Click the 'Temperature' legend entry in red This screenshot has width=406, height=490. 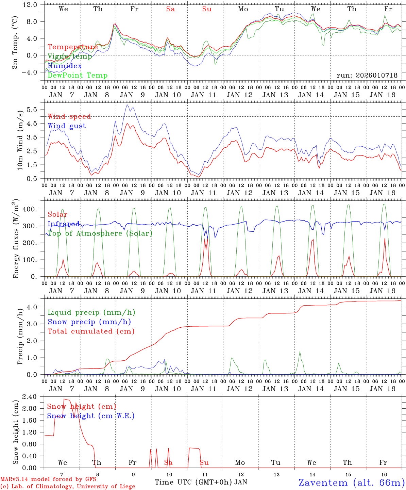72,47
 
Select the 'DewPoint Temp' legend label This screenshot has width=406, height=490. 78,75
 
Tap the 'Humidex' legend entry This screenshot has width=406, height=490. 65,66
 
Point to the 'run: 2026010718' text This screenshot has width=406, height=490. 367,76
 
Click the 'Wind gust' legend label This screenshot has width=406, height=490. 67,126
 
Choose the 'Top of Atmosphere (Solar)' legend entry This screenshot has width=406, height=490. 100,233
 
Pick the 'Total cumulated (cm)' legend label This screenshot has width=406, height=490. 91,331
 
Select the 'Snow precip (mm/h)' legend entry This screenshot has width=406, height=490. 89,322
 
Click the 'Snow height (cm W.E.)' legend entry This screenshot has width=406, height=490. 90,416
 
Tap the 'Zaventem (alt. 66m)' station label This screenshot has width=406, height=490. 351,483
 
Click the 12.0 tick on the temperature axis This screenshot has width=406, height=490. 30,5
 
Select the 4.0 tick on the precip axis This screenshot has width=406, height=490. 33,307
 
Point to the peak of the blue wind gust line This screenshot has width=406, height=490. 127,105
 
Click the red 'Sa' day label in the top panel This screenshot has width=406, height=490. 170,9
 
